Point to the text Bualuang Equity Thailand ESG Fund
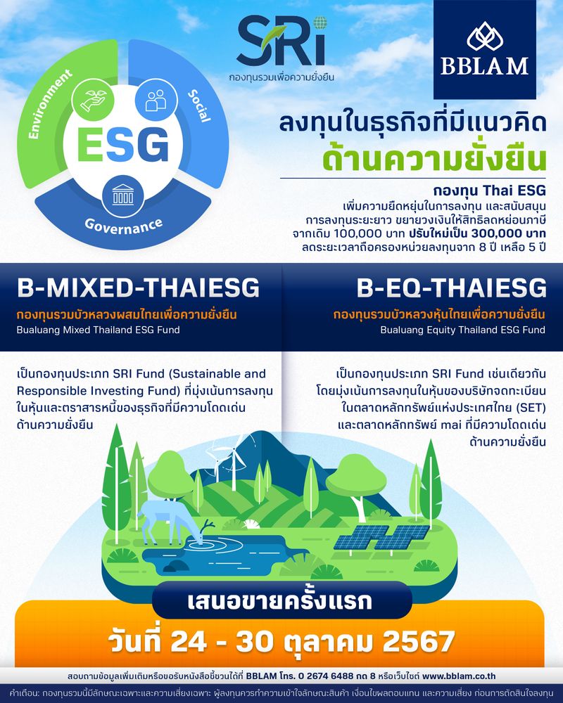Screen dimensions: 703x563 (x=463, y=330)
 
